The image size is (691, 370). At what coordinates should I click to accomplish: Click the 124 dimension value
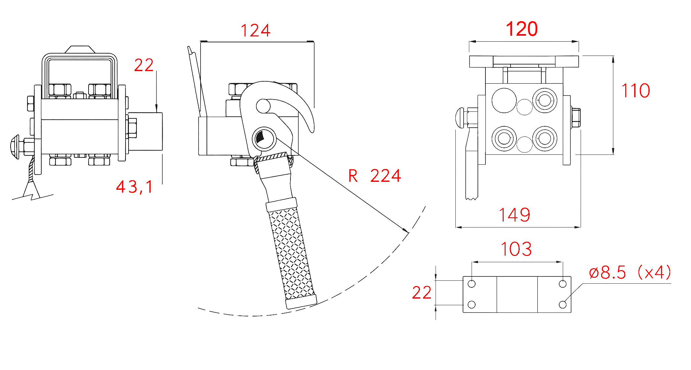click(255, 30)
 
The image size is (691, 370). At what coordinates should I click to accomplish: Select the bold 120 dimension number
click(522, 29)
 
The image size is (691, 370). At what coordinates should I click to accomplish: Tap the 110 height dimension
click(636, 91)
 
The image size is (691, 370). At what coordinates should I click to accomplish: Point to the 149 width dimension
click(515, 215)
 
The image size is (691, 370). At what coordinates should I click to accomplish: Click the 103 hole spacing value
click(516, 249)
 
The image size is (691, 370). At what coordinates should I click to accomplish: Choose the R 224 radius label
click(375, 176)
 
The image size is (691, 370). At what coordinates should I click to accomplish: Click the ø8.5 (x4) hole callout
click(630, 272)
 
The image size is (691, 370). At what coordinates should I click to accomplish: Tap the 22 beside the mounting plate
click(422, 293)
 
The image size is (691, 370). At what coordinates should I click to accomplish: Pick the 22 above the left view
click(144, 65)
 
